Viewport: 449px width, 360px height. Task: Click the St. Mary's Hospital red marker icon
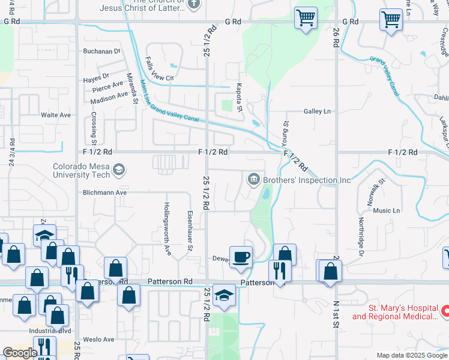[x=446, y=311]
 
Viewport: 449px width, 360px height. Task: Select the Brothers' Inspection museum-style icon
[x=253, y=179]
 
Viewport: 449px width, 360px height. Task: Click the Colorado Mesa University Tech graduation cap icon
[x=119, y=170]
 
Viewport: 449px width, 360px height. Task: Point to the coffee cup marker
[x=241, y=256]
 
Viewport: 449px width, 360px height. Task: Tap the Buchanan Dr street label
[x=102, y=52]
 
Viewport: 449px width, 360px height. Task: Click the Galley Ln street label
[x=317, y=111]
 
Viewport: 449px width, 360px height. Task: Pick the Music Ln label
[x=387, y=211]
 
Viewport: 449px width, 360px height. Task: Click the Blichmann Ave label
[x=106, y=193]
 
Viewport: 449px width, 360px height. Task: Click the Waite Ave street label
[x=56, y=115]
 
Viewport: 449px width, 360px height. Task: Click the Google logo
[x=20, y=352]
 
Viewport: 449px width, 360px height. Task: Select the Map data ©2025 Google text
[x=411, y=355]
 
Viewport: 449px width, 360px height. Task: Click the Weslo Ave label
[x=100, y=340]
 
